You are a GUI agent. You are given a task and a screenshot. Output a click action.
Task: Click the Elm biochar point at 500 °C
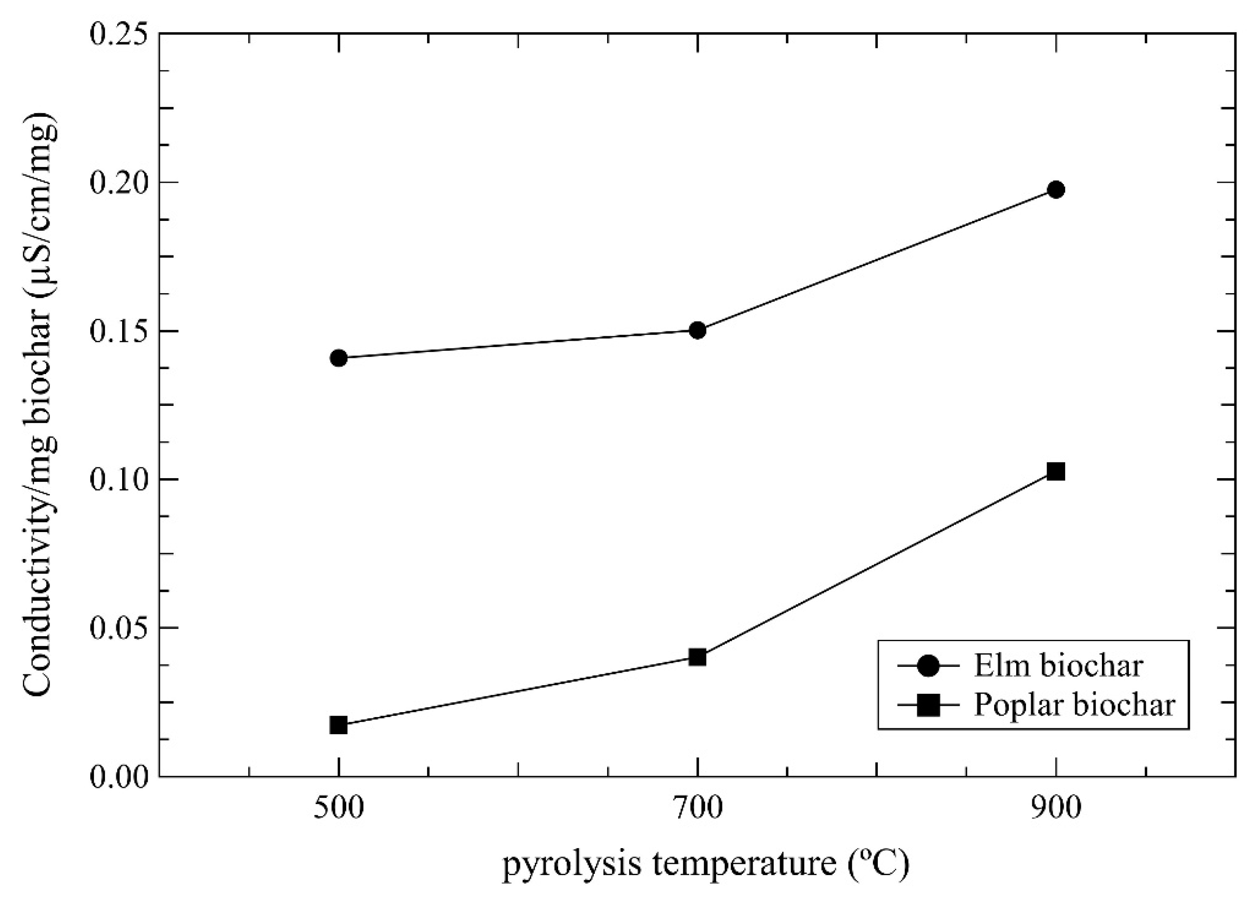point(339,358)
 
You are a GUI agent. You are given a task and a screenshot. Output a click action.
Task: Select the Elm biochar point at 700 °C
point(697,330)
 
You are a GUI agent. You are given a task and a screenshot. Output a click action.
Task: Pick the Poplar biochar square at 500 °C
point(339,725)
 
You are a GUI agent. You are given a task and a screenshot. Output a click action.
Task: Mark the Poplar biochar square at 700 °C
point(697,657)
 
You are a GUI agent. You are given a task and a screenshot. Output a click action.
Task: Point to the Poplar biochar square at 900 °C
point(1056,471)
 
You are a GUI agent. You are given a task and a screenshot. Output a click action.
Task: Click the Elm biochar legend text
point(1058,666)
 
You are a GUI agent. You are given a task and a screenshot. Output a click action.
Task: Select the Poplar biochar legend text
point(1075,705)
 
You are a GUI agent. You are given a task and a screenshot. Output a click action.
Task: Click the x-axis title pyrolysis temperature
point(705,864)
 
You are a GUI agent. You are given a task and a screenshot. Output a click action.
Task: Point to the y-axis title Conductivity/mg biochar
point(40,405)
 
